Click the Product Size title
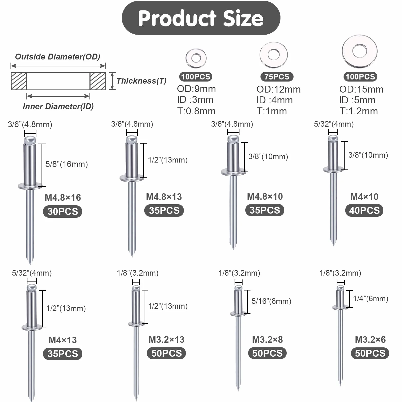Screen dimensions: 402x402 click(x=201, y=18)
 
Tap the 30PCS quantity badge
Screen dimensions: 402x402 click(x=63, y=212)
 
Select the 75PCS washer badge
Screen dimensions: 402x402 click(x=277, y=77)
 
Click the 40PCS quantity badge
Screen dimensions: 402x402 click(x=364, y=210)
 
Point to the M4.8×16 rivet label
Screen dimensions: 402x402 click(x=63, y=198)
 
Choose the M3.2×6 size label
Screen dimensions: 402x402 click(x=370, y=340)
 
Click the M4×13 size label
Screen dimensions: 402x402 click(x=63, y=340)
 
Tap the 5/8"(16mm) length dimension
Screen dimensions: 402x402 click(x=67, y=164)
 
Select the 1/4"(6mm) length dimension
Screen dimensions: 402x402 click(x=371, y=299)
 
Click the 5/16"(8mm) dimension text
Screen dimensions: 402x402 click(x=271, y=301)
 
